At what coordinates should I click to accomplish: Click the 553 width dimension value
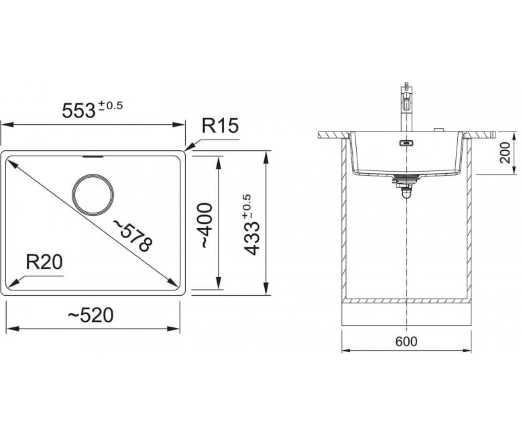click(78, 110)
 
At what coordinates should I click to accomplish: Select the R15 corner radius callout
click(221, 125)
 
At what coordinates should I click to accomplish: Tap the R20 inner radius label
click(44, 262)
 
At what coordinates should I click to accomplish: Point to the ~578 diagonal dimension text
click(133, 235)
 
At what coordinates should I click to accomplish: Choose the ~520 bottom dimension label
click(91, 315)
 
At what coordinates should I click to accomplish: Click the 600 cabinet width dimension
click(406, 341)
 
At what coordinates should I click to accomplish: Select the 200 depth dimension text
click(506, 152)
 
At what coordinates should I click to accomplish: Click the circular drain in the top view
click(93, 195)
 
